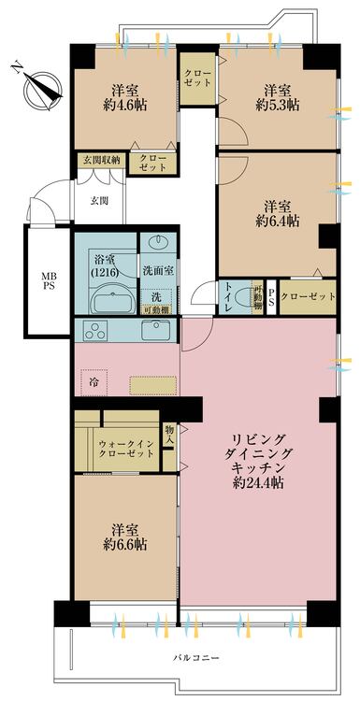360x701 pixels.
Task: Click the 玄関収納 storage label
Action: pos(99,159)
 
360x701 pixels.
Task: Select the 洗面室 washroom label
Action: pos(156,270)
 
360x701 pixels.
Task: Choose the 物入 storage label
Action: pos(169,435)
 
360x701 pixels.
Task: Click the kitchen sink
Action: pos(155,330)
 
